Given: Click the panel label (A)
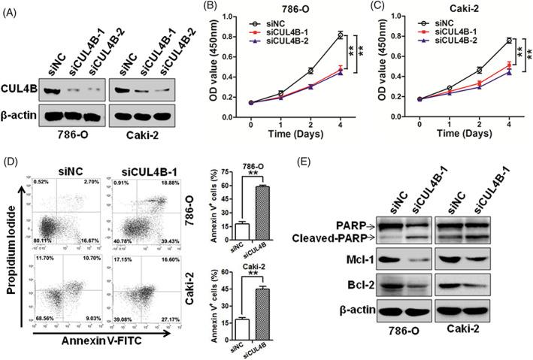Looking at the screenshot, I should [x=12, y=8].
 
